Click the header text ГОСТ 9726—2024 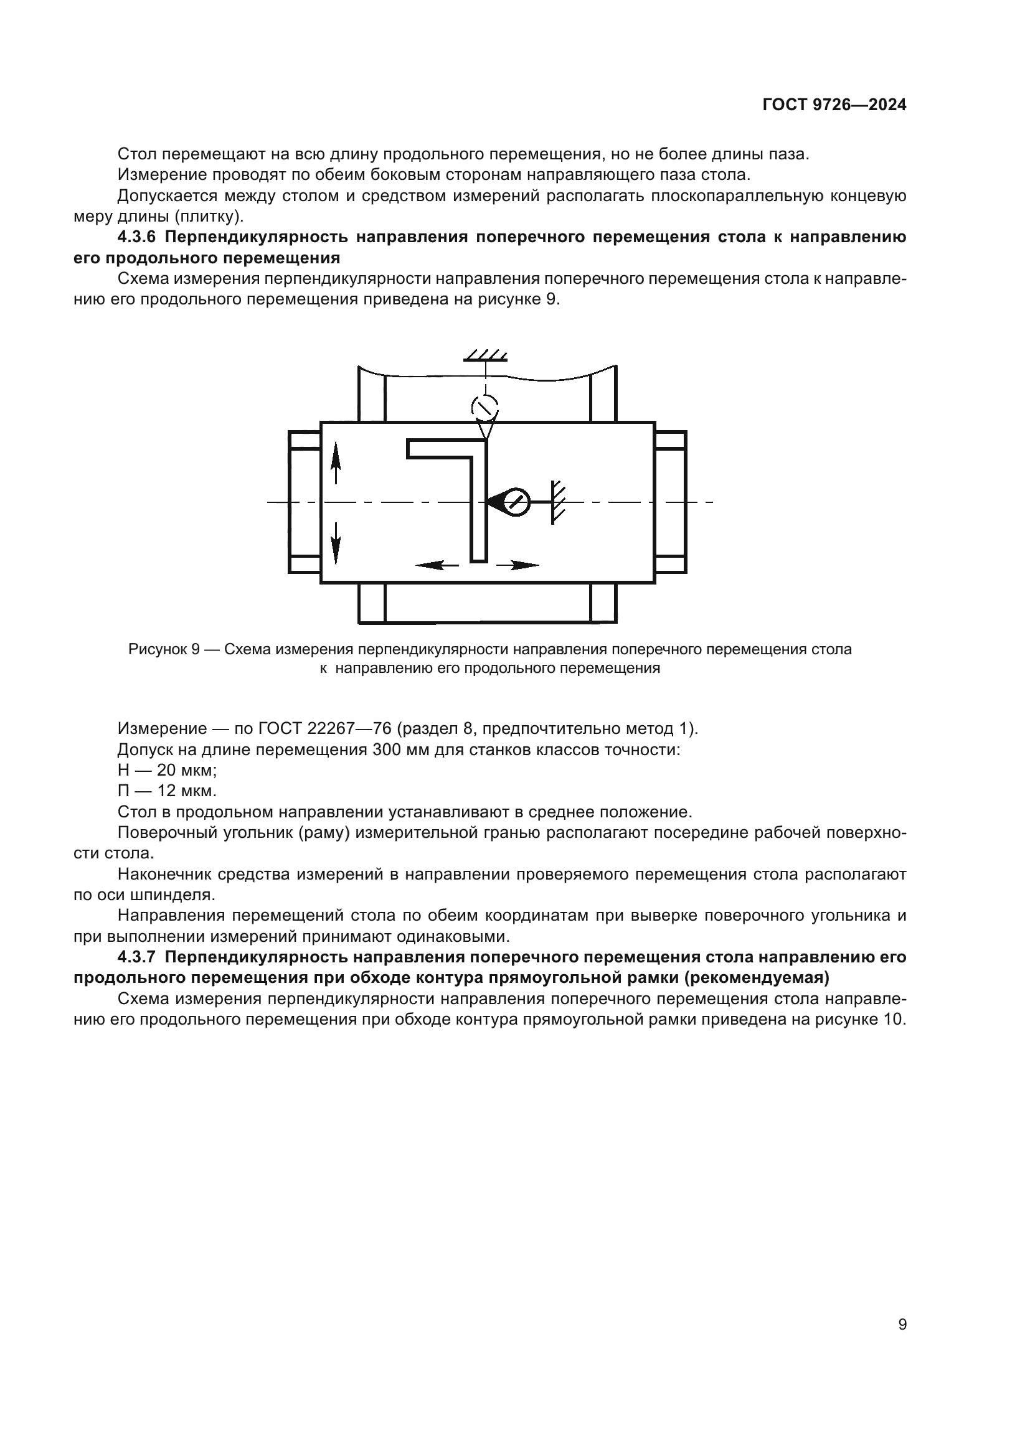point(834,105)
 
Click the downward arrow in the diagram point(336,542)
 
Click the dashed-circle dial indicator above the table point(485,406)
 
